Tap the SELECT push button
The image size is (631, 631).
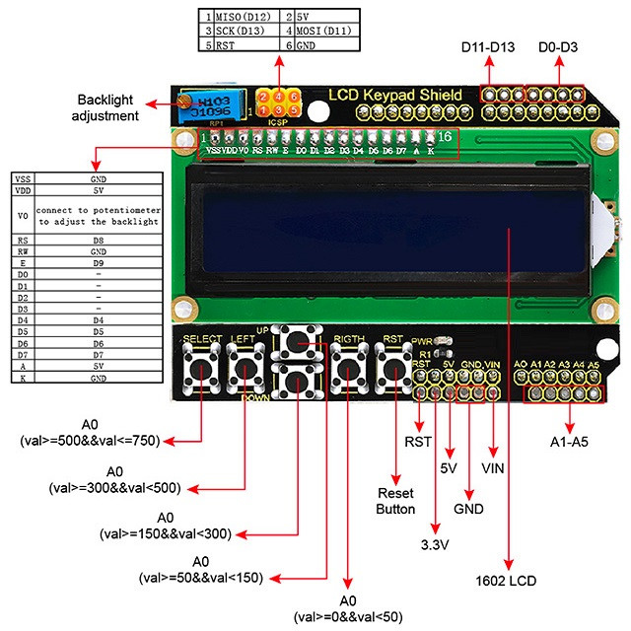(202, 372)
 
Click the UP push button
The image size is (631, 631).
(298, 343)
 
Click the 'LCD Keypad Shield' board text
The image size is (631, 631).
(394, 95)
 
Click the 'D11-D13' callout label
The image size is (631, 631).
(490, 47)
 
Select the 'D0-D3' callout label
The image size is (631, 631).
(558, 47)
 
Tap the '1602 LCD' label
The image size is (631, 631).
(508, 581)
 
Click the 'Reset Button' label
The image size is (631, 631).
(396, 501)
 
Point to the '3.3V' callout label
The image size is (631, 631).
(437, 545)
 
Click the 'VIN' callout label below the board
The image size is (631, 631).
(494, 467)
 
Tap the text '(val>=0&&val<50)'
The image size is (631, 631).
(346, 616)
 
